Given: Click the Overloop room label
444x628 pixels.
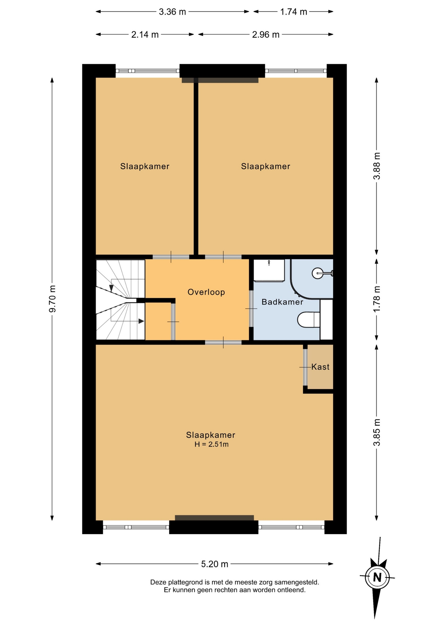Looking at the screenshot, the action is (206, 292).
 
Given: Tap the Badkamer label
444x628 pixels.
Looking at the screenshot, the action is (282, 302).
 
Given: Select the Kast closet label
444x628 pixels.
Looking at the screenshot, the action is (320, 367).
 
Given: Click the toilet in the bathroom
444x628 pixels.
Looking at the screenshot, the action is (308, 320).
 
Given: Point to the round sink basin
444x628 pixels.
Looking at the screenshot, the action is (317, 273).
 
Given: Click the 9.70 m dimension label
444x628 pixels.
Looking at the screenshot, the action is (52, 299).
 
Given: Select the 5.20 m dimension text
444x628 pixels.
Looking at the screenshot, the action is (214, 564).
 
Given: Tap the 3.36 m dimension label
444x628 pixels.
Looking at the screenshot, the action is (172, 12).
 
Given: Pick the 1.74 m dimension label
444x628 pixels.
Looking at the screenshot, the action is (294, 12).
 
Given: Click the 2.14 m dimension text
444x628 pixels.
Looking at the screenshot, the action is (145, 34).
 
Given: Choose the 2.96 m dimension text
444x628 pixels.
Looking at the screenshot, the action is (266, 34).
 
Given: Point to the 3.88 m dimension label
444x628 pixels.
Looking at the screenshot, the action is (377, 166).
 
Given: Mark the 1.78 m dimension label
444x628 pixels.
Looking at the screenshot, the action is (377, 299).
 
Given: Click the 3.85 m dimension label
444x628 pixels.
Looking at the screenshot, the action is (377, 432).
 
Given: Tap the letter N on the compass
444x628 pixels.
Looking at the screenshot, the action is (377, 577).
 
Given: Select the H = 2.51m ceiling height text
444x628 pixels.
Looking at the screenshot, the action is (212, 444).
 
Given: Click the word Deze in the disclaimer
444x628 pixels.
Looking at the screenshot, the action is (158, 582).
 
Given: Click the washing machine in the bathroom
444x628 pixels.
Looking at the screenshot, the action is (269, 270).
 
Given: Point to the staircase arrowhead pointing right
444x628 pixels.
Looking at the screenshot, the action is (141, 321).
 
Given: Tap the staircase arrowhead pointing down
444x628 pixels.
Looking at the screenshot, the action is (111, 288).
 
